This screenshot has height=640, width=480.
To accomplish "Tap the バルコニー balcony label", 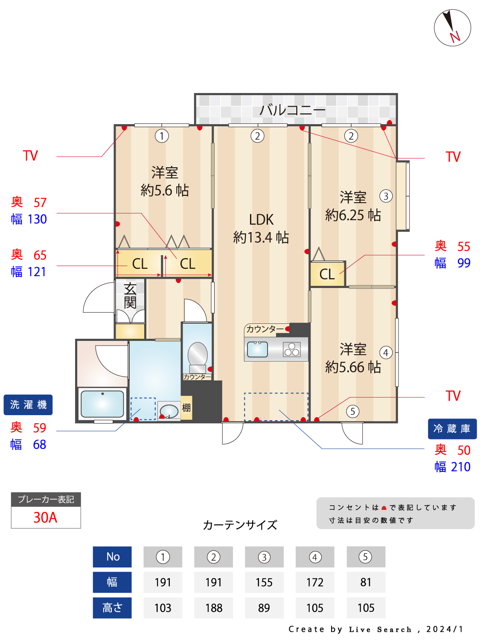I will [293, 110].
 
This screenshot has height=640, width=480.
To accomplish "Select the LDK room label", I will [261, 220].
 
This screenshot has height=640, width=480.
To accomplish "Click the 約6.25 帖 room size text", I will [353, 215].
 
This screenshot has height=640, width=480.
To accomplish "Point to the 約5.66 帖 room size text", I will [353, 367].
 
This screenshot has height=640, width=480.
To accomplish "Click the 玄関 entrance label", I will [130, 295].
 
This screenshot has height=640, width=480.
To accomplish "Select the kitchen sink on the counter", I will [257, 349].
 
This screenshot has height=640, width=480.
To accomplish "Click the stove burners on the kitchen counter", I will [292, 349].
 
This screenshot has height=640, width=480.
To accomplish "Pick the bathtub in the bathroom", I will [102, 404].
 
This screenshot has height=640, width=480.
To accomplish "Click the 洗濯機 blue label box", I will [28, 404].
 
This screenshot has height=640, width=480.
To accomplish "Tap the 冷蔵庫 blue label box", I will [452, 428].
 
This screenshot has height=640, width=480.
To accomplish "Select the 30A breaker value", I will [46, 518].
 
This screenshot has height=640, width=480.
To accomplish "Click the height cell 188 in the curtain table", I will [213, 608].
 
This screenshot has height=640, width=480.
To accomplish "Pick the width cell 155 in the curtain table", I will [264, 582].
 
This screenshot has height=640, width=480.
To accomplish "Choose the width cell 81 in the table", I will [366, 582].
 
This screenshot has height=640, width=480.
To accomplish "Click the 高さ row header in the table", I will [112, 608].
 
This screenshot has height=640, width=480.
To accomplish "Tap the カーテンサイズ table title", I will [240, 525].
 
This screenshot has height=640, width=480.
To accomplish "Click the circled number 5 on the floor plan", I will [352, 411].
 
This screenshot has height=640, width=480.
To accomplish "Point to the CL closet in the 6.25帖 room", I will [327, 274].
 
